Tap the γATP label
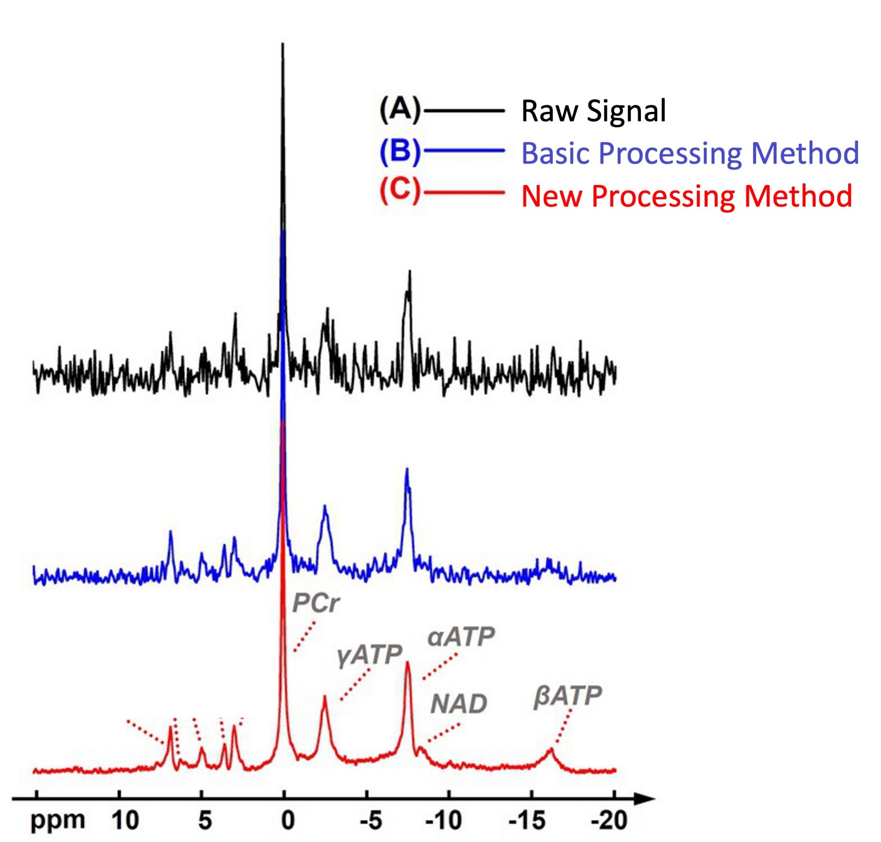coord(370,656)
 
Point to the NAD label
coord(458,705)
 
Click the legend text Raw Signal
coord(593,111)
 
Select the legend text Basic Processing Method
coord(690,153)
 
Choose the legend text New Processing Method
coord(686,196)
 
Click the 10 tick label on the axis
coord(125,822)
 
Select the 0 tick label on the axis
coord(287,822)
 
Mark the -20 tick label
coord(610,822)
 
